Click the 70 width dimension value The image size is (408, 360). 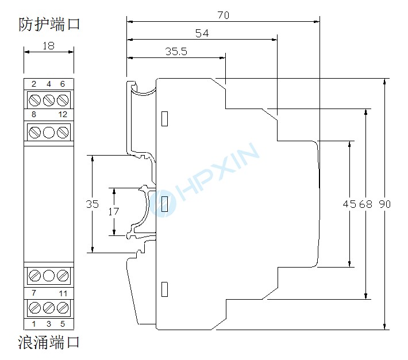click(223, 16)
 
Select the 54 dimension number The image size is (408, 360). click(202, 34)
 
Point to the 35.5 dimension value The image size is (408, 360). click(176, 51)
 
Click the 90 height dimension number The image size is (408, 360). click(384, 204)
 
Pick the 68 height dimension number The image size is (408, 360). click(365, 204)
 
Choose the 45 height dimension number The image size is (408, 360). click(349, 204)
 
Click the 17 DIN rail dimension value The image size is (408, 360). click(114, 211)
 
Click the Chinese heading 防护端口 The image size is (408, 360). click(48, 25)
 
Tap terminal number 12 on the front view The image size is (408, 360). click(63, 115)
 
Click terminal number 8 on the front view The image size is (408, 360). click(34, 115)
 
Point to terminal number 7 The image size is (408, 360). click(34, 293)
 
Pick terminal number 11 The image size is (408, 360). click(63, 293)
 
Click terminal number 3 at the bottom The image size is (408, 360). click(49, 324)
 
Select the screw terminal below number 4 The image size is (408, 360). click(49, 100)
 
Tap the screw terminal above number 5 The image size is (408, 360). click(63, 308)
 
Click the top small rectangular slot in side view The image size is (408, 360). click(165, 118)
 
